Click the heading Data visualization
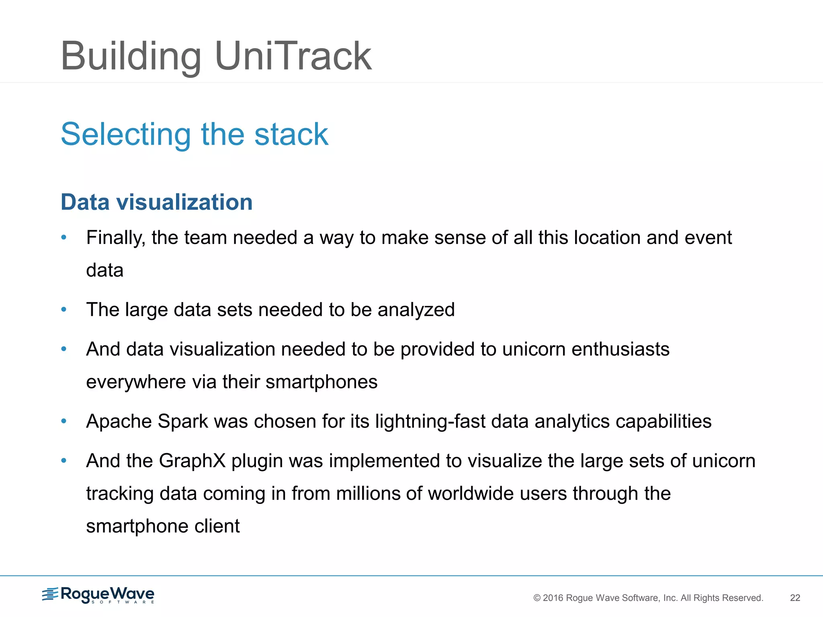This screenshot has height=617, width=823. (156, 202)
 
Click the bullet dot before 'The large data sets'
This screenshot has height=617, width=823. (63, 309)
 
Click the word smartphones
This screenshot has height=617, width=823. (321, 382)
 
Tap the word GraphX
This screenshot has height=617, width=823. (192, 461)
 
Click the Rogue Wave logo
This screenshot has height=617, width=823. (98, 595)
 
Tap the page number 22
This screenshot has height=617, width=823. (795, 598)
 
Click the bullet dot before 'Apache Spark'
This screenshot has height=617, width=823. (63, 421)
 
